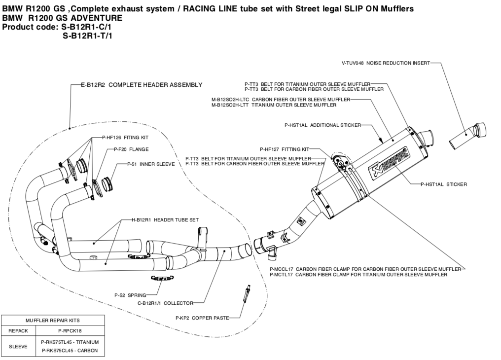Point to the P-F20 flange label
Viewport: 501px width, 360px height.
pyautogui.click(x=131, y=149)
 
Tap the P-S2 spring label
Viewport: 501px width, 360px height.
pyautogui.click(x=130, y=295)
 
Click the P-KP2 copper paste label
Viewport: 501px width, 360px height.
pyautogui.click(x=202, y=318)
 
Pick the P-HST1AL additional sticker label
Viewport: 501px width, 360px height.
pyautogui.click(x=322, y=125)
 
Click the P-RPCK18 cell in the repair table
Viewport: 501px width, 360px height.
pyautogui.click(x=70, y=330)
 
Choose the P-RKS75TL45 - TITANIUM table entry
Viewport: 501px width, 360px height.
pyautogui.click(x=70, y=342)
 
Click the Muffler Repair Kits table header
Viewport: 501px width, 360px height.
pyautogui.click(x=53, y=320)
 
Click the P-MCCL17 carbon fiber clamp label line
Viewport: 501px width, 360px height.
pyautogui.click(x=365, y=269)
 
